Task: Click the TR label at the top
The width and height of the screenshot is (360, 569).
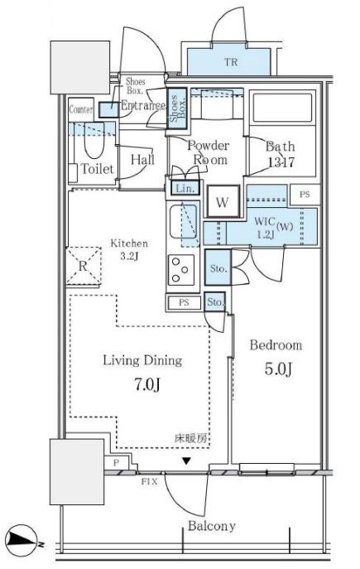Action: tap(231, 62)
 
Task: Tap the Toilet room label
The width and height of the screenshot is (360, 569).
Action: tap(97, 169)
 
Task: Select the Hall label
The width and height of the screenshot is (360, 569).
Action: tap(142, 160)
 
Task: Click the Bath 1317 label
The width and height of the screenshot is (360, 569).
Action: tap(281, 154)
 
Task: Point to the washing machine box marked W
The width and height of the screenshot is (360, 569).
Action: tap(223, 202)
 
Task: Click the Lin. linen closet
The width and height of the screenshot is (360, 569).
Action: tap(185, 188)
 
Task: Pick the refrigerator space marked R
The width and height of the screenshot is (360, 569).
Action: tap(83, 266)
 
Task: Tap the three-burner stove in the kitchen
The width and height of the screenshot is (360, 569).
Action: tap(181, 270)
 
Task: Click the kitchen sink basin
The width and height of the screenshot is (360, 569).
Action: tap(183, 221)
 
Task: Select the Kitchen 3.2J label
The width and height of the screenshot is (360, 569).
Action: tap(129, 249)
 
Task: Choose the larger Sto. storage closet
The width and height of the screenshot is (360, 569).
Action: tap(218, 267)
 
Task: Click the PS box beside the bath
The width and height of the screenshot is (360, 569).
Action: tap(305, 195)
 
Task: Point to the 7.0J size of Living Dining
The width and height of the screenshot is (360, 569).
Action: tap(146, 384)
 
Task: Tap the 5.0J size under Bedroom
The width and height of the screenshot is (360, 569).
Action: tap(278, 369)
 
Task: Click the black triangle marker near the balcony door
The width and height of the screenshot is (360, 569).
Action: tap(186, 461)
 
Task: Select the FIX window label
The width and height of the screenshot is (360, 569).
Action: tap(149, 482)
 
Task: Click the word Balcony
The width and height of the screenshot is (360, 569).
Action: tap(212, 526)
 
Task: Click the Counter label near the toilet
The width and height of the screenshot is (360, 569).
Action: tap(81, 109)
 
